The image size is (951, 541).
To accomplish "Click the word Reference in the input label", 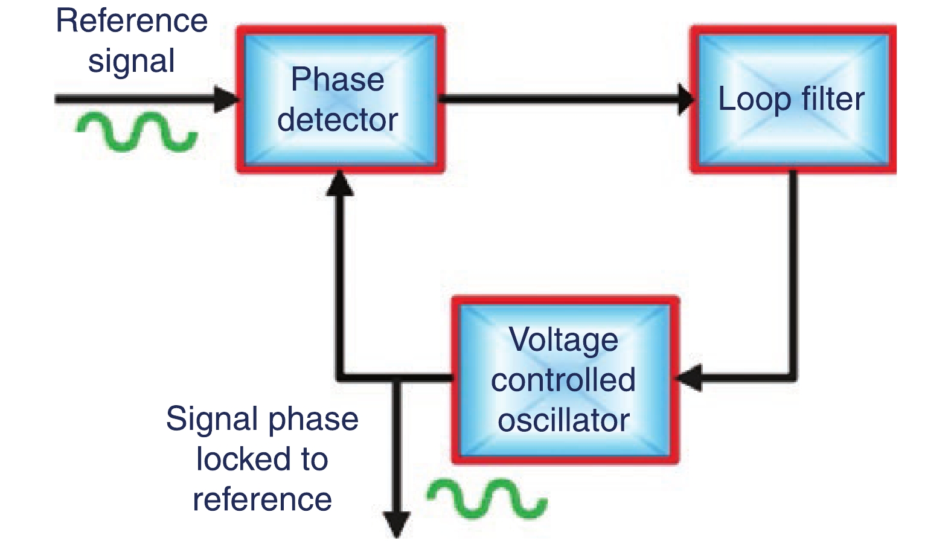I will click(132, 21).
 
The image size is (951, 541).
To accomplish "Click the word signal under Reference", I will click(132, 62).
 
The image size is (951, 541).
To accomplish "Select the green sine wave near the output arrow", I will click(487, 499).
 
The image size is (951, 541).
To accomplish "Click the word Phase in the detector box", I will click(338, 80).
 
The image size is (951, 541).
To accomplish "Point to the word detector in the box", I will click(338, 120).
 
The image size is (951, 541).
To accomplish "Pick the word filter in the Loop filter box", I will click(833, 99).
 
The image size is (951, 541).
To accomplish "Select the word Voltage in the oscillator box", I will click(563, 340).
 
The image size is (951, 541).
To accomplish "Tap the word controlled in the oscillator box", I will click(563, 380).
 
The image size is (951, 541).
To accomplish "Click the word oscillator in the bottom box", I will click(563, 420).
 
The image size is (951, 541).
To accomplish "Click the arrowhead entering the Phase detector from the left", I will click(228, 99).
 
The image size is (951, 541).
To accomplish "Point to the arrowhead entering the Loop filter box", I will click(686, 99).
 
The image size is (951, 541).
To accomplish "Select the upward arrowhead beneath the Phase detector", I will click(340, 183).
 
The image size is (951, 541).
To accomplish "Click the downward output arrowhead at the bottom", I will click(397, 524).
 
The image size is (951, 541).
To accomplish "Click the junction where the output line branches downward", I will click(397, 379).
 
